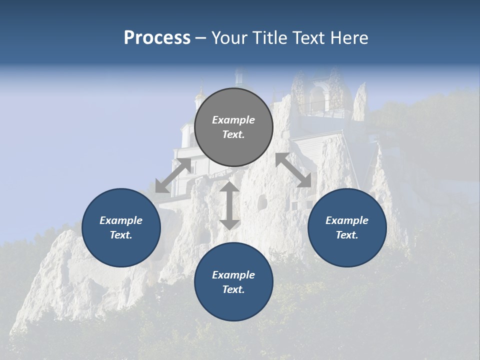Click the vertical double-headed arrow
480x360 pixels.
coord(229,205)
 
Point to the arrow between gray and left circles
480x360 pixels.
coord(173,175)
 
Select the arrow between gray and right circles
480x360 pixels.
coord(293,170)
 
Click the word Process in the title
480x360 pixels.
coord(157,38)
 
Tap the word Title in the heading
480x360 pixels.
coord(270,38)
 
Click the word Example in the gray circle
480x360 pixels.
coord(233,120)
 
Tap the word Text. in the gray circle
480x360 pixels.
coord(233,134)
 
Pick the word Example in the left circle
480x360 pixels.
coord(121,220)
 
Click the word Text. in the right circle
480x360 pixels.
coord(347,235)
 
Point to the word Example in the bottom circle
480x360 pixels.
coord(233,275)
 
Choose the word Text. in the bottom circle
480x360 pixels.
coord(233,289)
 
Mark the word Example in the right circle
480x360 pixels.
coord(347,220)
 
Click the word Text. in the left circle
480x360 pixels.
coord(121,235)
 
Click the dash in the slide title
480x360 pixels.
coord(201,38)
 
